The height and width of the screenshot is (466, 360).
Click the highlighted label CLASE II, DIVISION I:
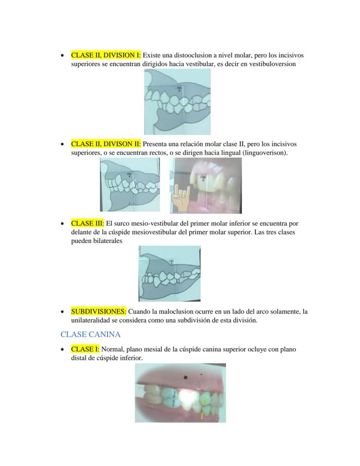point(106,56)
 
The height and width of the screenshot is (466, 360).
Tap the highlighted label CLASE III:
point(87,224)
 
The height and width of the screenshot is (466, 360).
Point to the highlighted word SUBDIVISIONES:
point(99,312)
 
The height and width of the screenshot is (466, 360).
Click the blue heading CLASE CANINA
point(90,335)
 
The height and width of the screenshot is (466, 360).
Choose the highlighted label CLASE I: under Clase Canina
point(85,349)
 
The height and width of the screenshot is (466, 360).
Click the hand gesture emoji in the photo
point(179,199)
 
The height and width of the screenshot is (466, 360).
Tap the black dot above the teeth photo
point(186,378)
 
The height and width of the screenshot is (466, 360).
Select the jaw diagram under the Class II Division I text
point(177,102)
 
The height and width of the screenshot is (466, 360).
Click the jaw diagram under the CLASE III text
point(170,273)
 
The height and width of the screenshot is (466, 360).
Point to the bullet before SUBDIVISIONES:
point(63,312)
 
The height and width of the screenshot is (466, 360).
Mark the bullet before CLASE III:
point(63,224)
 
